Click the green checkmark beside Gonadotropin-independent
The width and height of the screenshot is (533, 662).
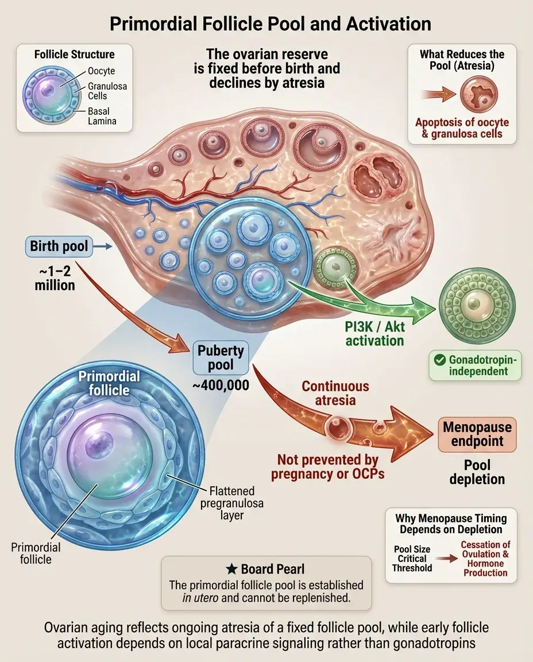[x=441, y=360]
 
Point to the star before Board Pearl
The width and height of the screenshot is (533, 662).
[x=232, y=569]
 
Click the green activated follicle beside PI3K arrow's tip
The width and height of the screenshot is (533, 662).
[x=477, y=305]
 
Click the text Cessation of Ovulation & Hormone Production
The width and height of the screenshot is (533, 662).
[x=485, y=559]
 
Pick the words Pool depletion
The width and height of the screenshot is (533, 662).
[x=477, y=471]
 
